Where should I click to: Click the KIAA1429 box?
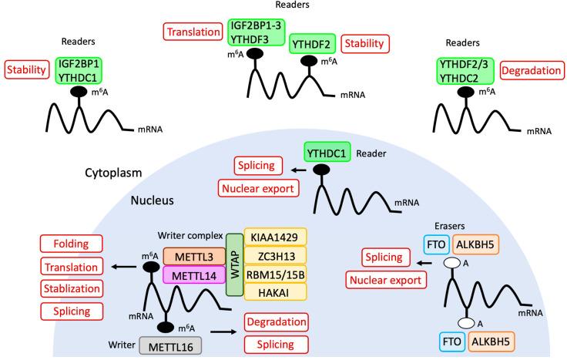(275, 237)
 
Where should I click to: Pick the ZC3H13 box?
(275, 255)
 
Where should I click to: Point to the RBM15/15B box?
(275, 274)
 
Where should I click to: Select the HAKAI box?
(275, 292)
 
